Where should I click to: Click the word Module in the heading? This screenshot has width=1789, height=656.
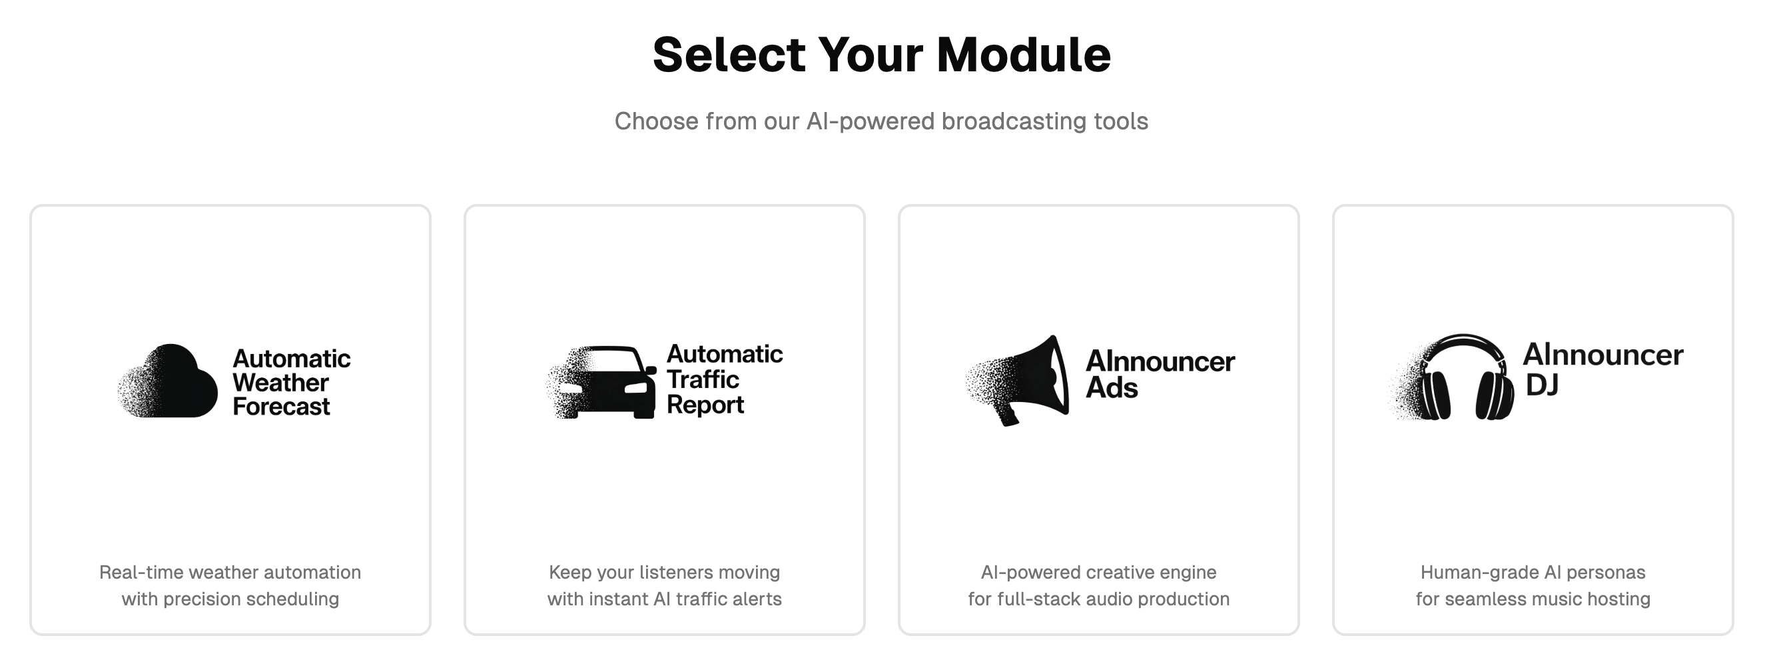click(1023, 55)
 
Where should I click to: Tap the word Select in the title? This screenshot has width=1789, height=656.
click(729, 55)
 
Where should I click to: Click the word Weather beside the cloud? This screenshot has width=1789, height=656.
click(280, 382)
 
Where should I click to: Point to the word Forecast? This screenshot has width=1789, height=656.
click(281, 407)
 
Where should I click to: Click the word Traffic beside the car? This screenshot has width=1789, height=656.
click(703, 379)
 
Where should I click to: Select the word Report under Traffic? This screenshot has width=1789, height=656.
click(705, 405)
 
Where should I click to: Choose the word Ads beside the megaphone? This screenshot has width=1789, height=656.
click(1111, 388)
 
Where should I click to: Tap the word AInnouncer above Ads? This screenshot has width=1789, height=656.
click(1160, 361)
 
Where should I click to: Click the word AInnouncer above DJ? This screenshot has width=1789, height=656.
click(1603, 355)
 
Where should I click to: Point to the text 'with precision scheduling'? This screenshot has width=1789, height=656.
click(230, 599)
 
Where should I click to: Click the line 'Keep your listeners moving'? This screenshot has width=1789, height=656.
click(664, 572)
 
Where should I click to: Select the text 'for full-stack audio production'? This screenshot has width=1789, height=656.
click(1098, 599)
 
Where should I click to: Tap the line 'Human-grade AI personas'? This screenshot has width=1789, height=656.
click(1532, 572)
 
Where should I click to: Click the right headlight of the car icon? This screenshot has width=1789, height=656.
click(635, 389)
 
